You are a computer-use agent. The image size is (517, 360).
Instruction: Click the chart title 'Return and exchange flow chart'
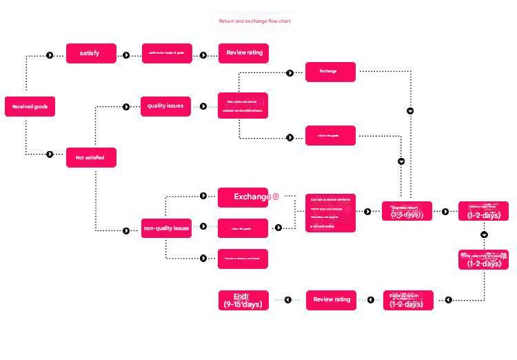[254, 21]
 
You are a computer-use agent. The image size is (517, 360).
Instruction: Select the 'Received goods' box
[29, 106]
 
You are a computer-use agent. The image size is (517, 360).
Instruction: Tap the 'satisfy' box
[91, 53]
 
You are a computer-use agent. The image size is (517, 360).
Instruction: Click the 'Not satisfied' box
[91, 157]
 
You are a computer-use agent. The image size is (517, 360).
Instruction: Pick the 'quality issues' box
[165, 106]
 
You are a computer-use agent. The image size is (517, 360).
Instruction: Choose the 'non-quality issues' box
[166, 228]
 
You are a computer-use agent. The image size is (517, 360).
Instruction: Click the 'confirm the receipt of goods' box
[167, 53]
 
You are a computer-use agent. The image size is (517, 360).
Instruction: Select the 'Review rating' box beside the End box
[331, 300]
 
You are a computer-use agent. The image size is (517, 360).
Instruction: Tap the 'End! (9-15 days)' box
[243, 300]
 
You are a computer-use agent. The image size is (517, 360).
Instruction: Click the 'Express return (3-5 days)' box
[407, 211]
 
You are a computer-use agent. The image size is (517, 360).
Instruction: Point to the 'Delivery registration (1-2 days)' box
[484, 211]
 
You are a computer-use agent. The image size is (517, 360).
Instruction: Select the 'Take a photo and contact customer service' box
[243, 106]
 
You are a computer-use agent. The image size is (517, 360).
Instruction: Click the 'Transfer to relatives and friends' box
[243, 259]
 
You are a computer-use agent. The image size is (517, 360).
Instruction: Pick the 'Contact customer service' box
[331, 212]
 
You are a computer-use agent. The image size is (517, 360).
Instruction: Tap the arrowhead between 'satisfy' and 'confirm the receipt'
[126, 55]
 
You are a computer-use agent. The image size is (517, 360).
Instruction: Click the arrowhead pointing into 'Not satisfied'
[50, 154]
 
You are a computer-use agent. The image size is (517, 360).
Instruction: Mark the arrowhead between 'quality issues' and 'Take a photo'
[203, 106]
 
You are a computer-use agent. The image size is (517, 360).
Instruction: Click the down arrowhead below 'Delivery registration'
[484, 234]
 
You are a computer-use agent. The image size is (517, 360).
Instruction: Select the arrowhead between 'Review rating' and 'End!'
[289, 300]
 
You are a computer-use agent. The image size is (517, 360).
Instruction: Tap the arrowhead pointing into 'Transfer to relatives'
[203, 259]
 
